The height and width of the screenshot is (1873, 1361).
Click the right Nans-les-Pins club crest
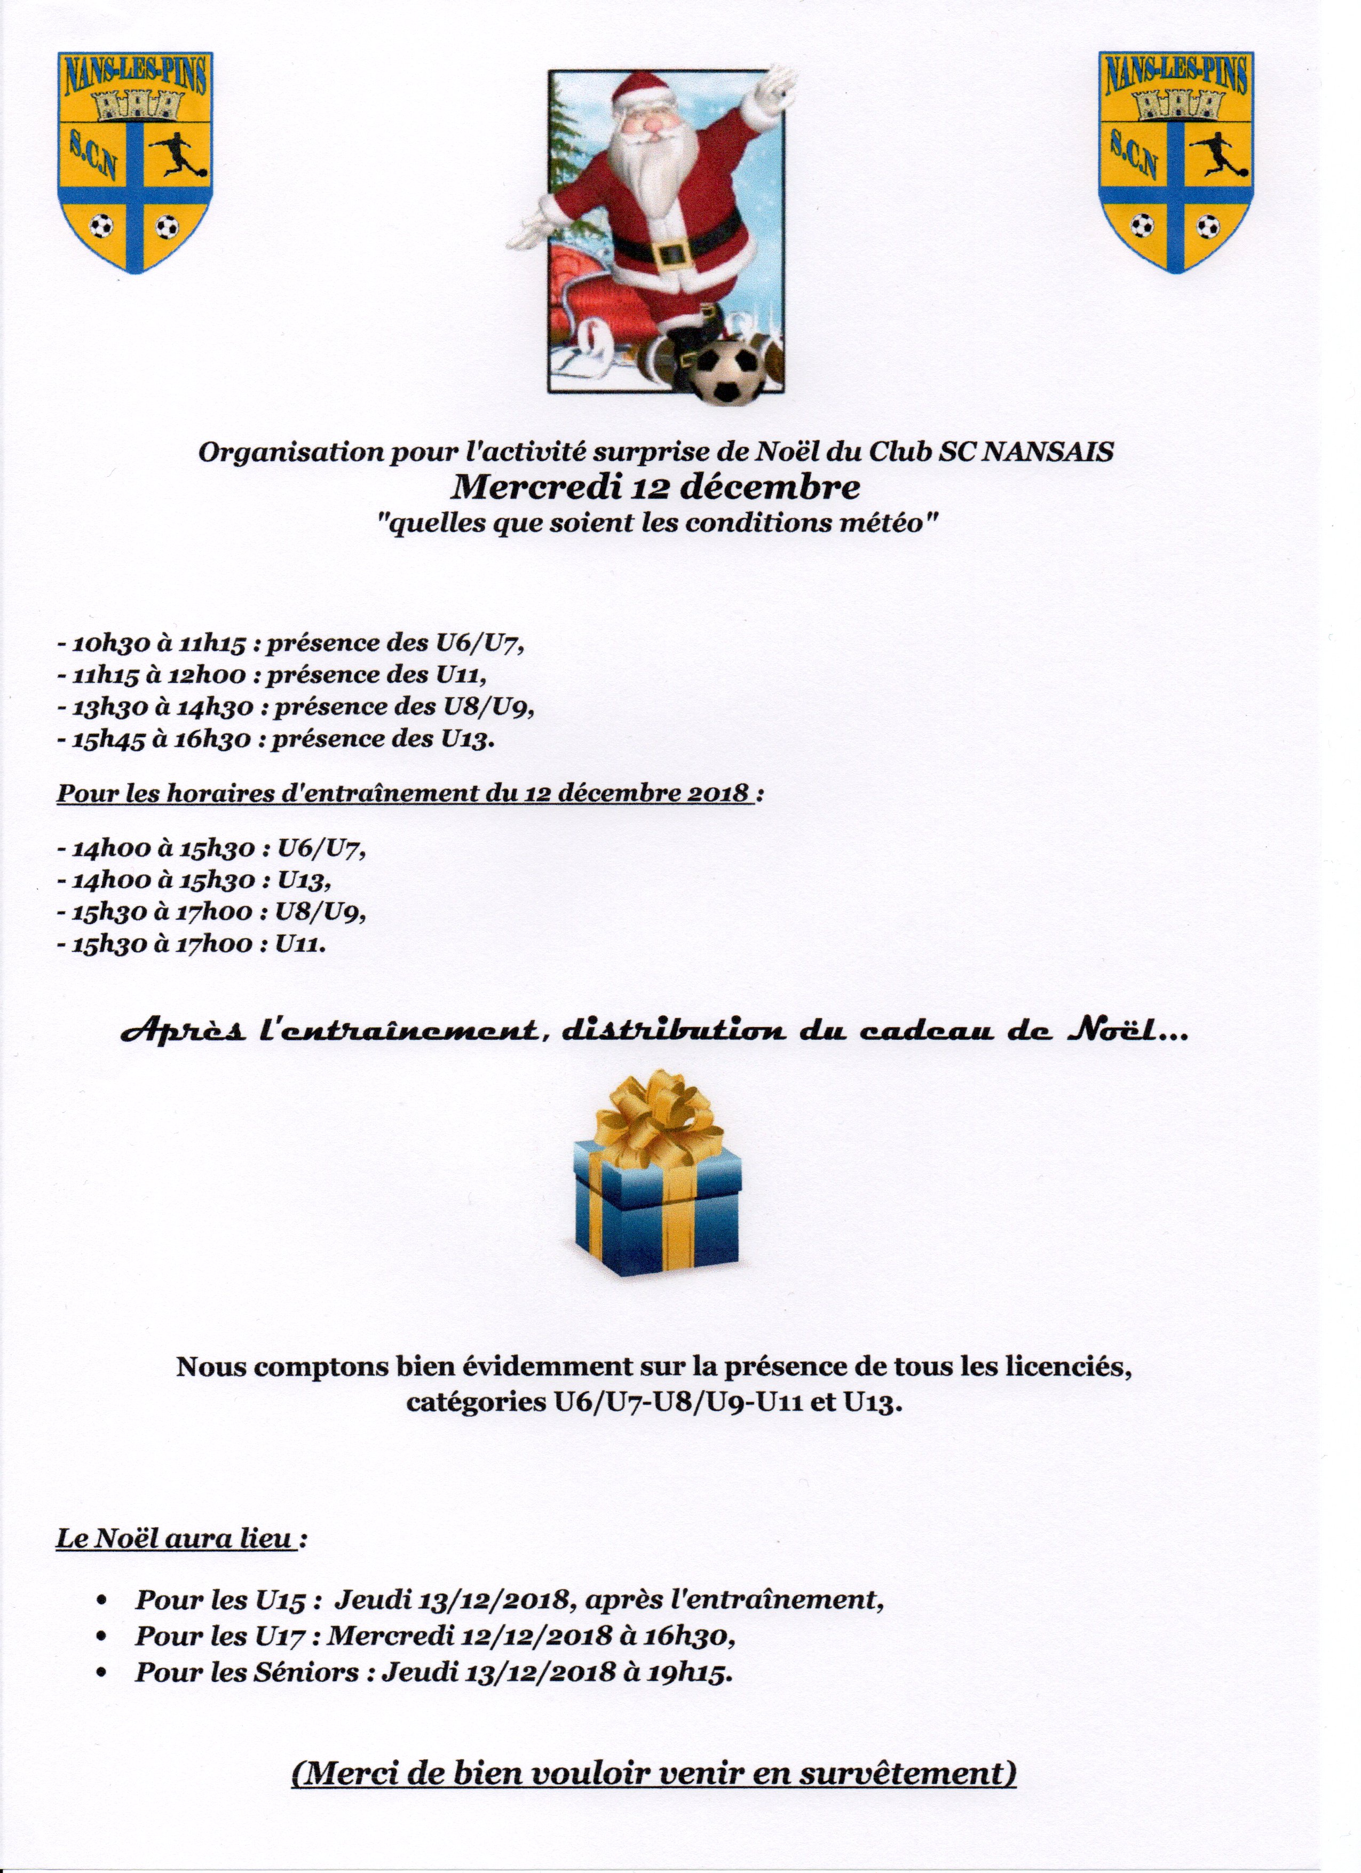pyautogui.click(x=1175, y=161)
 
